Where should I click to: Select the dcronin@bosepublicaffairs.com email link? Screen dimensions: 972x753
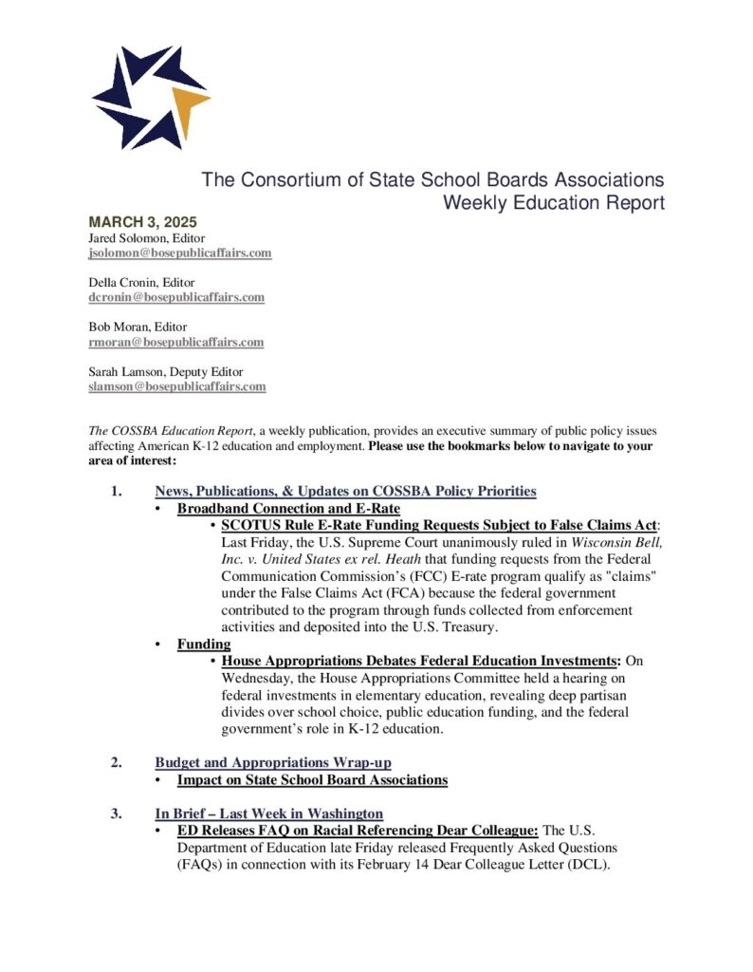[176, 297]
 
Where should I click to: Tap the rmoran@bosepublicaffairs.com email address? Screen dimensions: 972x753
[175, 342]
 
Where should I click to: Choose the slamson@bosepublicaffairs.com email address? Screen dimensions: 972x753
[177, 386]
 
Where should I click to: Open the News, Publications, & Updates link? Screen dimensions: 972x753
[345, 491]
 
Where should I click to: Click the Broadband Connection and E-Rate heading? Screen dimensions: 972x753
[288, 509]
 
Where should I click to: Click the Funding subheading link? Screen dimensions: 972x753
[204, 644]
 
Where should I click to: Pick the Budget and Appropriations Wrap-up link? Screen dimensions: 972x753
[273, 762]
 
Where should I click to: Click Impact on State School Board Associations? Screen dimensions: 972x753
[312, 780]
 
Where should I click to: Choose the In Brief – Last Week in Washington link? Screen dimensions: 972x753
[269, 813]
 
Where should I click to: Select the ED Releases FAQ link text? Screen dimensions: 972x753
[358, 830]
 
